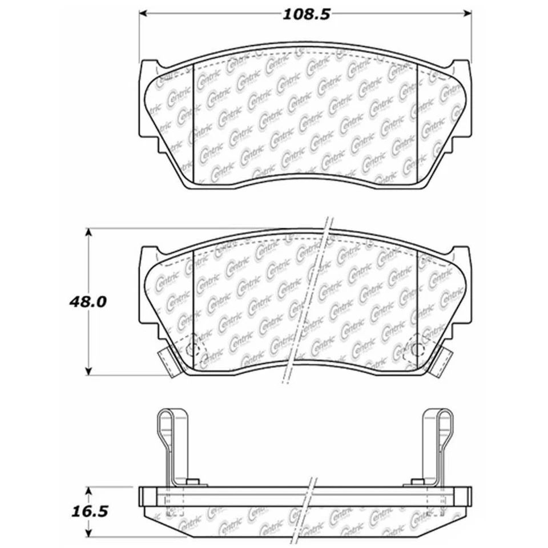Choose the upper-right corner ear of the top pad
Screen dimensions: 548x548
[x=461, y=66]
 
